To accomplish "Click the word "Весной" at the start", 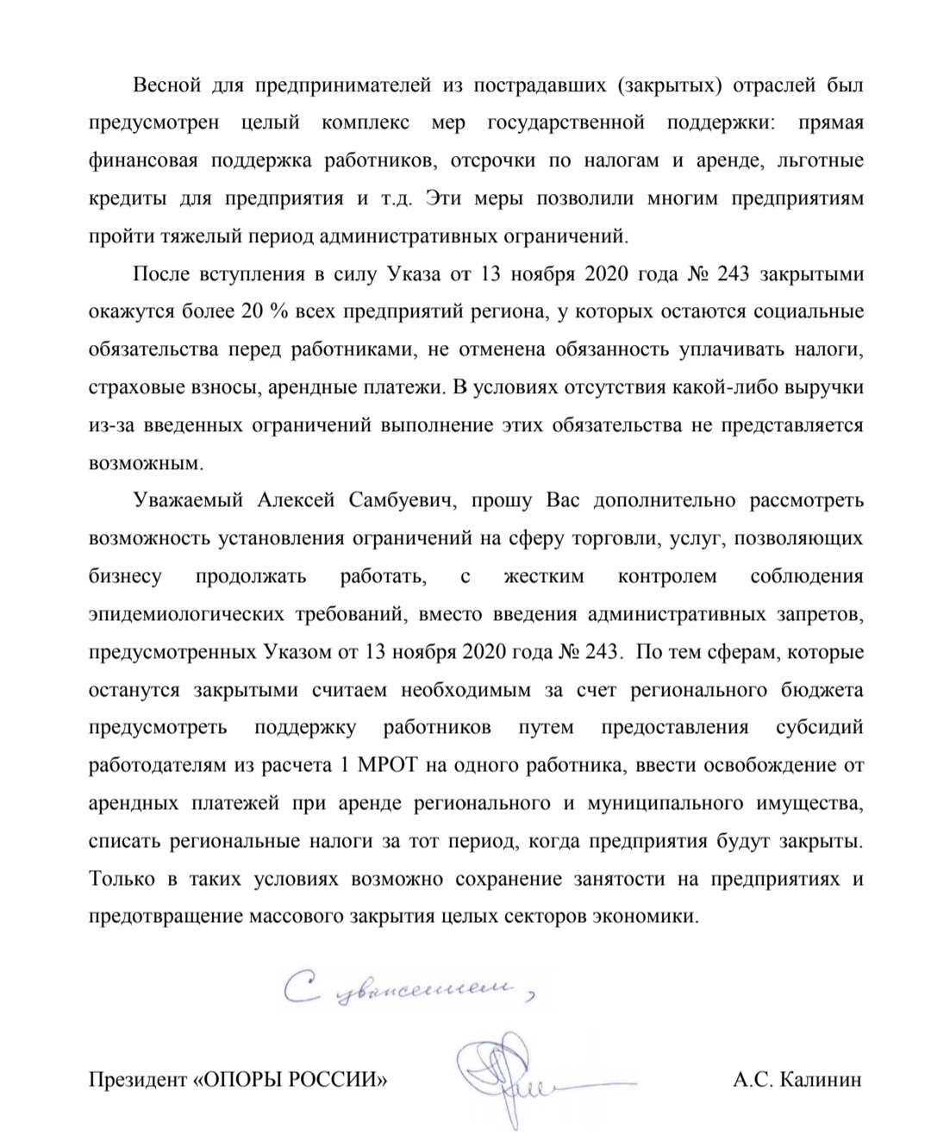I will click(166, 85).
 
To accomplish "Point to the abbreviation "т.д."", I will click(397, 198).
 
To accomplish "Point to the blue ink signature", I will click(509, 1069).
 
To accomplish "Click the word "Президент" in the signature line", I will click(135, 1079).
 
